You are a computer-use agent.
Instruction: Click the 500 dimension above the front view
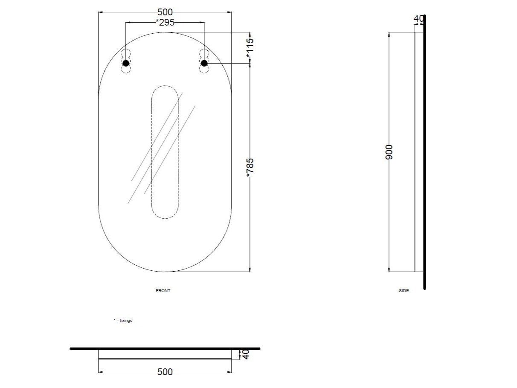coord(165,12)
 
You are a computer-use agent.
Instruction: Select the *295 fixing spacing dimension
coord(165,23)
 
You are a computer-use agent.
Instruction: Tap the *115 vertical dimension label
coord(250,48)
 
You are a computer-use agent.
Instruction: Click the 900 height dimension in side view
coord(389,152)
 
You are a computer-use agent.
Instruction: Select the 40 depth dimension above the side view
coord(418,19)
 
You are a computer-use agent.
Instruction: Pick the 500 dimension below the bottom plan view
coord(165,372)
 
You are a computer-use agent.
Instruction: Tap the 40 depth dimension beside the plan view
coord(245,354)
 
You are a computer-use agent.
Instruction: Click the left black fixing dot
coord(125,64)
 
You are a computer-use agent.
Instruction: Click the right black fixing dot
coord(204,63)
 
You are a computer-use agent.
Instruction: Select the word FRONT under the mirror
coord(163,291)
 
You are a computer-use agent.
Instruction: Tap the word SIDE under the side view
coord(404,291)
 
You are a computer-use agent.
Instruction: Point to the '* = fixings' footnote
coord(123,320)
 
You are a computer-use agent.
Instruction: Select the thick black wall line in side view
coord(424,171)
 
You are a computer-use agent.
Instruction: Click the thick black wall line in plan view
coord(165,348)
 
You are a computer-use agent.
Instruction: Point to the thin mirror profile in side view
coord(415,152)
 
